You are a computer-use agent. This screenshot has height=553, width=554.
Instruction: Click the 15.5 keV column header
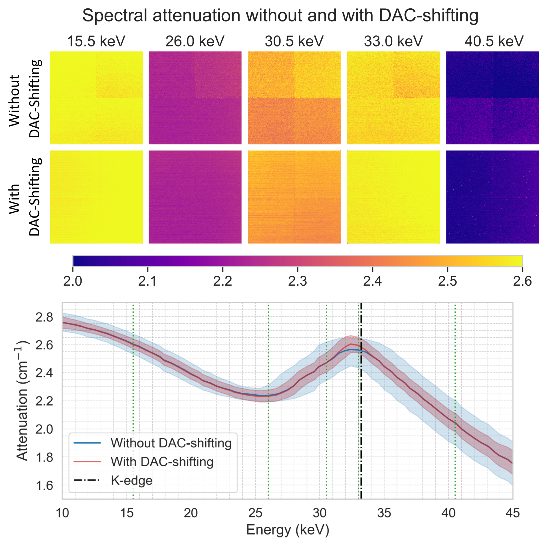96,41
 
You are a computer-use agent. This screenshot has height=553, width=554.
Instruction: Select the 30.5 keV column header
294,41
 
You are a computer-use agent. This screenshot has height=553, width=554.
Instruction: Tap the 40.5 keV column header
494,41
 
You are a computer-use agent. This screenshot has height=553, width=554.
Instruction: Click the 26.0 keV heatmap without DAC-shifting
195,98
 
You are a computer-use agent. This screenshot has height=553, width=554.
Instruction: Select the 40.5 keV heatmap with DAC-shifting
492,197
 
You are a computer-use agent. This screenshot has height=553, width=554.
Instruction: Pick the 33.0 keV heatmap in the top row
393,98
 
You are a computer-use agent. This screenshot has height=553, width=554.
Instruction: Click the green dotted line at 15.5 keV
133,416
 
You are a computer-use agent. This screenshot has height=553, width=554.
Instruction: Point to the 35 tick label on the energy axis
384,513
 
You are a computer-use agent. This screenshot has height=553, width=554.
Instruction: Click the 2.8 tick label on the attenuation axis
44,317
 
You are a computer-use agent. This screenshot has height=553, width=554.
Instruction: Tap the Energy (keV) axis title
288,530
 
